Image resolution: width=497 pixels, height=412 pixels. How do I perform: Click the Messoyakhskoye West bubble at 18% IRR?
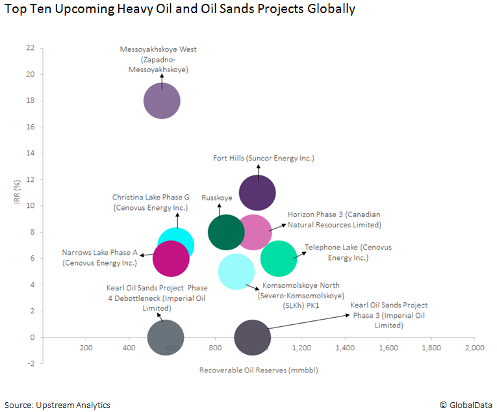(x=162, y=101)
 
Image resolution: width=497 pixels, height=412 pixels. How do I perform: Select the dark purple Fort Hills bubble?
(x=258, y=192)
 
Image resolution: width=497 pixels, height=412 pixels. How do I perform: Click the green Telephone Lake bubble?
(x=279, y=258)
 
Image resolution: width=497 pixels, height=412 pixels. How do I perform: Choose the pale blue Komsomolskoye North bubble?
(x=236, y=272)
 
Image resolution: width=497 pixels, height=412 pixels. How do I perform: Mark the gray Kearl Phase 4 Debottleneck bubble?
(x=166, y=337)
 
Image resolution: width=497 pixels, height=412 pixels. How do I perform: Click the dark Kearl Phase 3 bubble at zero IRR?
(x=252, y=337)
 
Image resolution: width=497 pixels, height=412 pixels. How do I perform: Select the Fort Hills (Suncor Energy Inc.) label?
(x=264, y=158)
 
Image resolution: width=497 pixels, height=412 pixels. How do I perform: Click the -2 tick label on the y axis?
(x=31, y=363)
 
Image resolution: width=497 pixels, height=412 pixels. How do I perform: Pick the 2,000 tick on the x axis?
(x=474, y=348)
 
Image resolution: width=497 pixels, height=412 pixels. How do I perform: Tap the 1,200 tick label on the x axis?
(x=301, y=348)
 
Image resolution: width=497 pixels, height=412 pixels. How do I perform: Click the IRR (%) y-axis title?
(x=19, y=192)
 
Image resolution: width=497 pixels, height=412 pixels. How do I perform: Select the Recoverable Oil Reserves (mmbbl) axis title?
(x=258, y=370)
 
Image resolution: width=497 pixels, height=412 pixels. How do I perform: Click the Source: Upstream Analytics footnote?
(x=57, y=405)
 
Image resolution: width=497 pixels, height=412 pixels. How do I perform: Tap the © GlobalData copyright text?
(x=466, y=405)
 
